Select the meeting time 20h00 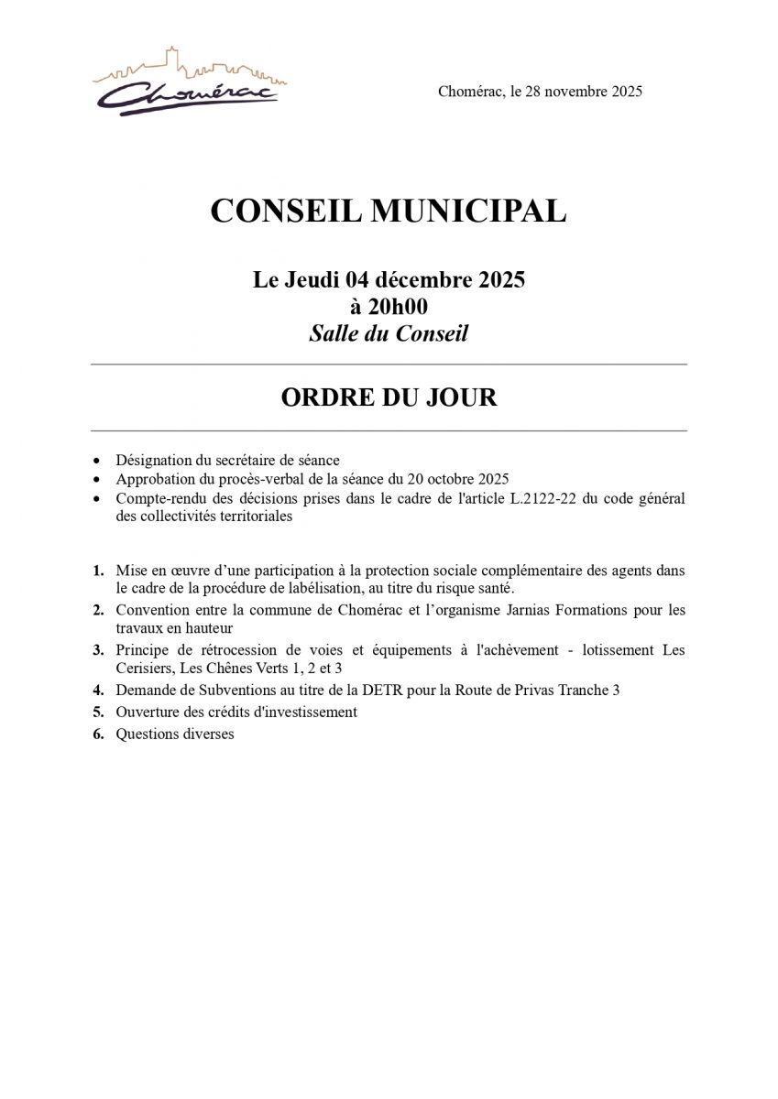(x=389, y=307)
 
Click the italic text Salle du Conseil (x=389, y=333)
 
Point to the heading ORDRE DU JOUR (x=389, y=397)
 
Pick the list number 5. (x=98, y=712)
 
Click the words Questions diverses (x=174, y=734)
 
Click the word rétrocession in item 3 (x=225, y=650)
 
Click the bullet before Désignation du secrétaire (x=97, y=461)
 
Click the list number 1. (x=98, y=571)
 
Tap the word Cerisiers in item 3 (x=145, y=668)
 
